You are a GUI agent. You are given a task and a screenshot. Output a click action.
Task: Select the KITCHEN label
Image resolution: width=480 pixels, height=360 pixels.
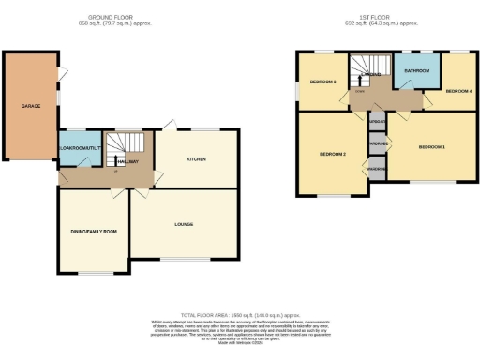[196, 159]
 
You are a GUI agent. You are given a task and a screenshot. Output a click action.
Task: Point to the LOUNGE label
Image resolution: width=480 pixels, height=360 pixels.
[183, 224]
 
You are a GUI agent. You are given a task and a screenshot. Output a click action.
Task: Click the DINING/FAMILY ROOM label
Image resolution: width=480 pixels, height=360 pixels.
[94, 231]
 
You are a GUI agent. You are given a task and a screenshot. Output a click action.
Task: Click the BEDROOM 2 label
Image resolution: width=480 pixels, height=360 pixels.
[333, 154]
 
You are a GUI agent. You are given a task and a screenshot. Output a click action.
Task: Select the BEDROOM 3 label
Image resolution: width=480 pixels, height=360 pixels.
[324, 82]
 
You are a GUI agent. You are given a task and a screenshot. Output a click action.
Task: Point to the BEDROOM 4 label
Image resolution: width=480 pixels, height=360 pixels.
[458, 91]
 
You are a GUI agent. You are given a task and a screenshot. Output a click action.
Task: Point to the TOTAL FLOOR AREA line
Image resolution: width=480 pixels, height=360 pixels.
[240, 315]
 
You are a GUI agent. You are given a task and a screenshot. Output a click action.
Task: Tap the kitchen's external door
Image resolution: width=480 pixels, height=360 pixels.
[167, 125]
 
